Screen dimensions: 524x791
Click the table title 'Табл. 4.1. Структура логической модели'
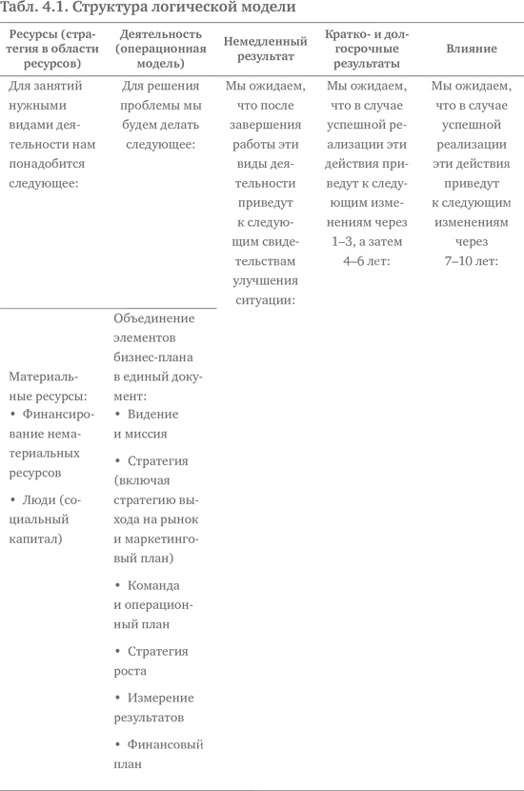pyautogui.click(x=148, y=8)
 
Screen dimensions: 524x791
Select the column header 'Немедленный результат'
pyautogui.click(x=266, y=49)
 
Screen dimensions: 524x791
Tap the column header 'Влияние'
pyautogui.click(x=471, y=49)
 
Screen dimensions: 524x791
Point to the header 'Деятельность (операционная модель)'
pyautogui.click(x=158, y=49)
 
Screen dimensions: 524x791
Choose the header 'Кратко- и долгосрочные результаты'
pyautogui.click(x=367, y=49)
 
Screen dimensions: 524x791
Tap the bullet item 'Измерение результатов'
pyautogui.click(x=153, y=707)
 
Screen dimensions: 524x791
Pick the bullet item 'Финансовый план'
pyautogui.click(x=158, y=754)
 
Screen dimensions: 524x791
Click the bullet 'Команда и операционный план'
pyautogui.click(x=152, y=604)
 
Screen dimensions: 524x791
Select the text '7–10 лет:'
pyautogui.click(x=471, y=260)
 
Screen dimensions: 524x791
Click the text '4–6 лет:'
pyautogui.click(x=367, y=260)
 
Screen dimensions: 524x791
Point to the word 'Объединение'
pyautogui.click(x=153, y=318)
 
